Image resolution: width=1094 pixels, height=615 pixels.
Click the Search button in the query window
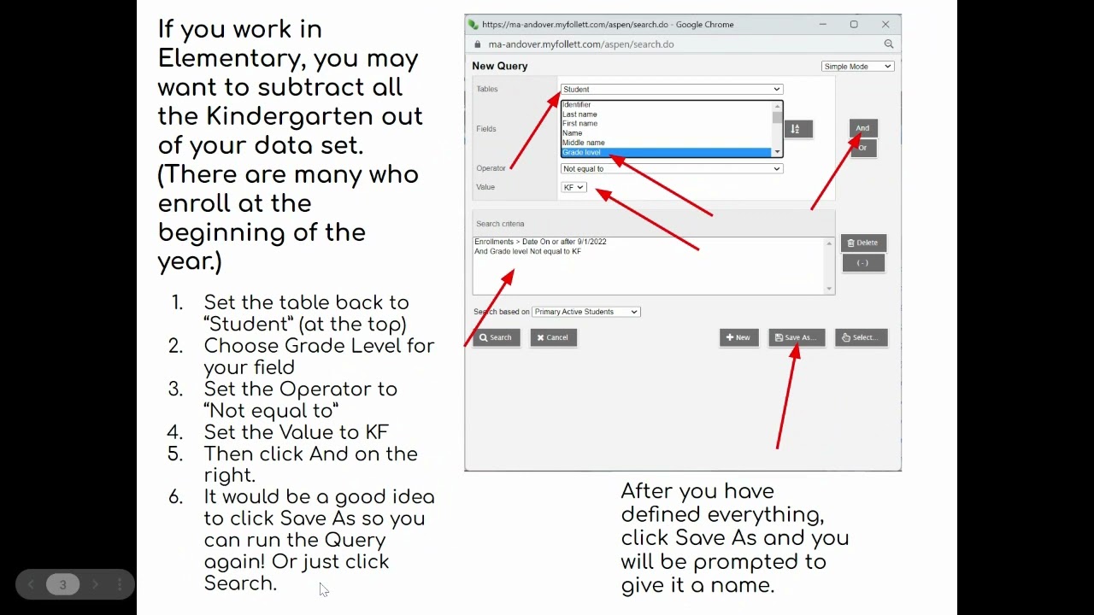[497, 337]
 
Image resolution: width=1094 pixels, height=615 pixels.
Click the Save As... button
[797, 337]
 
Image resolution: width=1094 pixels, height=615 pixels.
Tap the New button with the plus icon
[739, 337]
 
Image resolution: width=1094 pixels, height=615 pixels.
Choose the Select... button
[862, 337]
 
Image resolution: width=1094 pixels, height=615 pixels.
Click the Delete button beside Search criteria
[863, 243]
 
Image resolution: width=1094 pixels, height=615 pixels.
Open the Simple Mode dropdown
[857, 67]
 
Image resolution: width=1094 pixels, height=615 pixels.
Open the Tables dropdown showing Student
[672, 90]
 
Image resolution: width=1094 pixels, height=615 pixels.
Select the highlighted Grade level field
[666, 152]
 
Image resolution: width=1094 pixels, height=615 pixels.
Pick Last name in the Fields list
[579, 114]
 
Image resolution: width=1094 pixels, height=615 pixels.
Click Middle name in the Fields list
[584, 143]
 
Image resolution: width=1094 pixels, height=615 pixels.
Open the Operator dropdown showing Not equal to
[672, 169]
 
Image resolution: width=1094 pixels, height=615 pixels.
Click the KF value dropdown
[573, 187]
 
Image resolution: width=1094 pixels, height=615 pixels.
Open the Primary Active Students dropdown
[586, 312]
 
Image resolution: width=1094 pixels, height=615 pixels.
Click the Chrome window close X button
[885, 25]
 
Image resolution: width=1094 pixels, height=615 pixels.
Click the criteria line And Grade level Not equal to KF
[528, 251]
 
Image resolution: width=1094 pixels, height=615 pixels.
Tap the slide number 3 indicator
[62, 584]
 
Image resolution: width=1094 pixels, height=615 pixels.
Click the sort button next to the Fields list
[798, 129]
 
